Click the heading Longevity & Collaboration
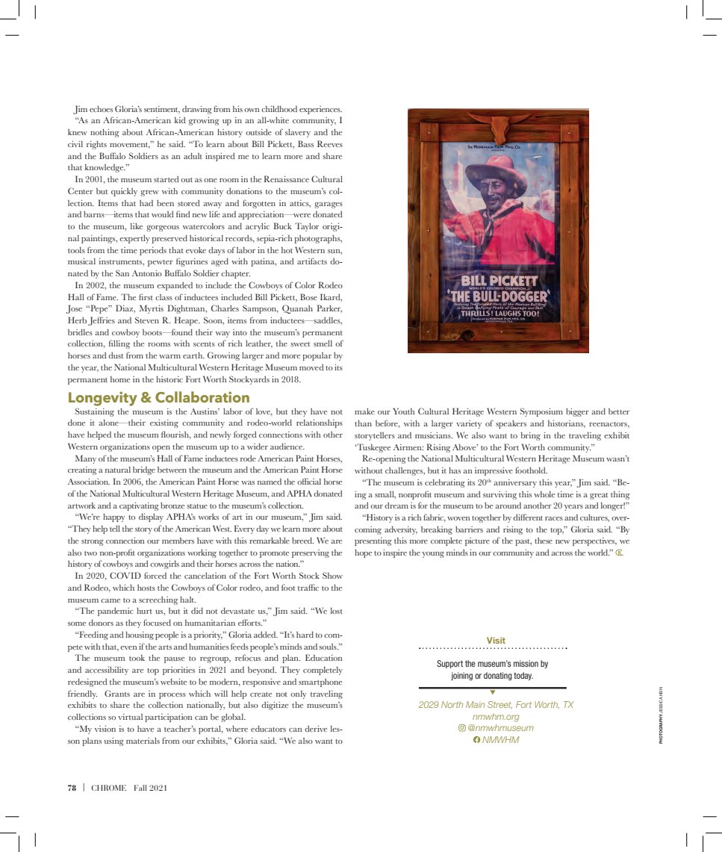[x=158, y=398]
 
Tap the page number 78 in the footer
[x=72, y=788]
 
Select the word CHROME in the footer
[x=109, y=788]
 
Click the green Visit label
[x=496, y=641]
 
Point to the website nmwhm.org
[x=496, y=717]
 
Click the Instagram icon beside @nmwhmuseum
[x=461, y=728]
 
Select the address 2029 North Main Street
[x=464, y=705]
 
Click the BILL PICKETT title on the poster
[x=499, y=282]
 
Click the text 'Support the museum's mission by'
[x=492, y=664]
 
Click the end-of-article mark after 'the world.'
[x=619, y=552]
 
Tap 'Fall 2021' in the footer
[x=151, y=788]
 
